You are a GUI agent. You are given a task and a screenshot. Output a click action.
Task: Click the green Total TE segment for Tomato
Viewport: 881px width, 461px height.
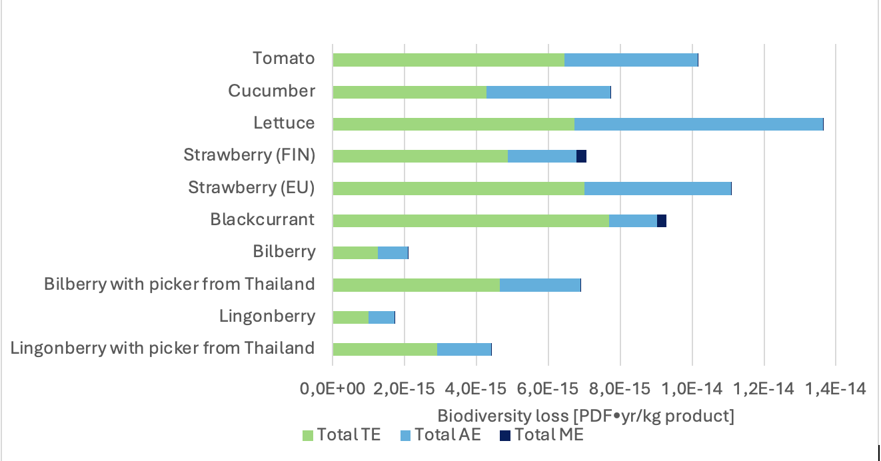[448, 60]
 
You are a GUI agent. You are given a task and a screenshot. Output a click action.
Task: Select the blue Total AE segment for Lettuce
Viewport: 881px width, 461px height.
[698, 125]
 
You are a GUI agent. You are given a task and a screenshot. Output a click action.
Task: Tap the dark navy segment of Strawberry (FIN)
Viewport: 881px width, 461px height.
[581, 157]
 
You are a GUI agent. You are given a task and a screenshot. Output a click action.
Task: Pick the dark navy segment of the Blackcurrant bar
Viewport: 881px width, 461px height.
[662, 221]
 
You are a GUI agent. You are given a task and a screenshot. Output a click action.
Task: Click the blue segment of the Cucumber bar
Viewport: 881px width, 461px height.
[548, 93]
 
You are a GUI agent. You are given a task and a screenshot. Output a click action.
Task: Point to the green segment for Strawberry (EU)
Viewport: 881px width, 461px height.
[458, 189]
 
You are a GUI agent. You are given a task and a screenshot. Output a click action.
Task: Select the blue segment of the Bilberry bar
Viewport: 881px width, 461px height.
[393, 253]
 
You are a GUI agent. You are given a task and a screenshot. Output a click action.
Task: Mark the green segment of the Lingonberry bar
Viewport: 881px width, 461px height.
[351, 317]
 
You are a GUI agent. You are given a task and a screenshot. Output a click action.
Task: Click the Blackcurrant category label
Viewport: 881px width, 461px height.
[263, 219]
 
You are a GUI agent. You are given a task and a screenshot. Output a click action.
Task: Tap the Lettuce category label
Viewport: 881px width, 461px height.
[284, 123]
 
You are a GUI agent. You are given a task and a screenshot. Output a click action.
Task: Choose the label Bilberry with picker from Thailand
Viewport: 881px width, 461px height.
[179, 284]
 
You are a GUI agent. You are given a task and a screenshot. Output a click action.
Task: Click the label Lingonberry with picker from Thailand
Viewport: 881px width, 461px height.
[163, 348]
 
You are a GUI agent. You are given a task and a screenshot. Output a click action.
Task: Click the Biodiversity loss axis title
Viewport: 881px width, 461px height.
[586, 416]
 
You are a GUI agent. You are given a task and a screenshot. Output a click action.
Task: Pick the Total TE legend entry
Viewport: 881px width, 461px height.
[342, 436]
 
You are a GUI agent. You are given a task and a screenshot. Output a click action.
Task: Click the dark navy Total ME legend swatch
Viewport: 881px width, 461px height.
[505, 436]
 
